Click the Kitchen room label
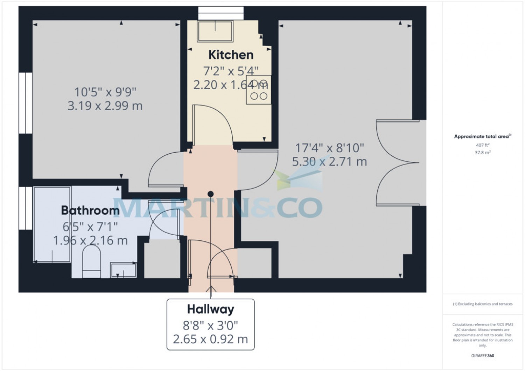click(x=231, y=55)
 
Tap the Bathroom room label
click(x=90, y=211)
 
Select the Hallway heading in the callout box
click(x=210, y=309)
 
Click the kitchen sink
click(x=215, y=31)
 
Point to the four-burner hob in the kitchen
click(x=258, y=90)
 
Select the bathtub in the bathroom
click(x=52, y=224)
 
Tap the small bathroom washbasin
click(x=123, y=270)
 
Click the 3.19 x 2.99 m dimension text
click(x=105, y=106)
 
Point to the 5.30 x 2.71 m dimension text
click(x=329, y=162)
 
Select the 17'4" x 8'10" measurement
click(x=329, y=148)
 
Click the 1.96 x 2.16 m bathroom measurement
click(x=90, y=241)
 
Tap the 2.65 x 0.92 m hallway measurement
click(x=210, y=339)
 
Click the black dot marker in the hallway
click(x=210, y=194)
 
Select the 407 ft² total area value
click(x=482, y=145)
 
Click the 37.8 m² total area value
click(x=482, y=153)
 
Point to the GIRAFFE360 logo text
click(x=482, y=356)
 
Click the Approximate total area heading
click(x=482, y=137)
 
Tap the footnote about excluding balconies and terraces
click(x=482, y=304)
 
